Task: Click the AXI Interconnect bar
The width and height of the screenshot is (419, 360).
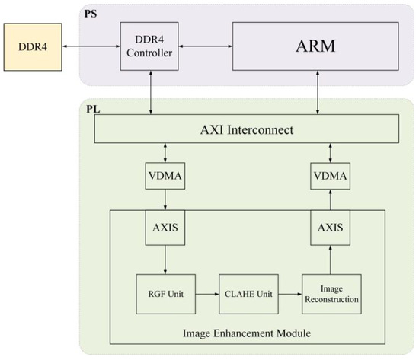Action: (247, 129)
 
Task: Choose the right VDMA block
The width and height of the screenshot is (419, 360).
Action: (329, 178)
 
